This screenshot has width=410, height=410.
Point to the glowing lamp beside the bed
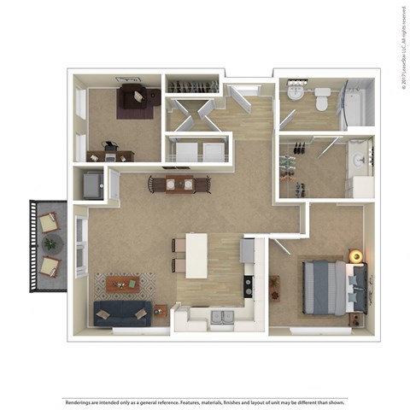(x=355, y=255)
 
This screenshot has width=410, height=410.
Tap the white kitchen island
(x=196, y=255)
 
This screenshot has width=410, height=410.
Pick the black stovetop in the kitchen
(x=249, y=286)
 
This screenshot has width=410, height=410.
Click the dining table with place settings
(x=179, y=184)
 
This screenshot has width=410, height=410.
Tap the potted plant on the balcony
(x=50, y=244)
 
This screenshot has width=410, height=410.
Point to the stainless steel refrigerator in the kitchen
(x=248, y=249)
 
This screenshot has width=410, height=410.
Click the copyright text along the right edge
(x=402, y=47)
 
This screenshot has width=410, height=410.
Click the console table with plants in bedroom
(x=275, y=287)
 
